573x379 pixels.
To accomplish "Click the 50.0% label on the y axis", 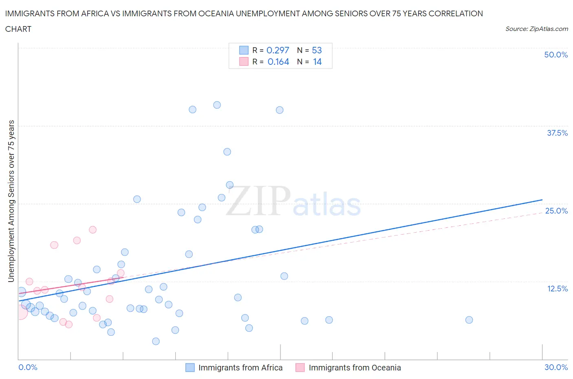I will pyautogui.click(x=556, y=55).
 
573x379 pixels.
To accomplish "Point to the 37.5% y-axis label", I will pyautogui.click(x=557, y=133).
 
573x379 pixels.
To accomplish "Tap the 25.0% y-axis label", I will pyautogui.click(x=556, y=211).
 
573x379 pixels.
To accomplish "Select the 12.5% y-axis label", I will pyautogui.click(x=557, y=289).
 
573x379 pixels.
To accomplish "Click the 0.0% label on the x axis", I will pyautogui.click(x=28, y=367).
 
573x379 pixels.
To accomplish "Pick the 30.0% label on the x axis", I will pyautogui.click(x=556, y=367).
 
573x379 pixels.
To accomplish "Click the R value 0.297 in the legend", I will pyautogui.click(x=278, y=50).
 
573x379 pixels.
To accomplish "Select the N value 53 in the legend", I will pyautogui.click(x=317, y=50).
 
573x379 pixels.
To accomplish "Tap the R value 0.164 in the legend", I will pyautogui.click(x=278, y=62).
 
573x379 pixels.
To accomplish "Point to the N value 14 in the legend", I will pyautogui.click(x=317, y=62).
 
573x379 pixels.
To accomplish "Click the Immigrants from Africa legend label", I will pyautogui.click(x=240, y=368).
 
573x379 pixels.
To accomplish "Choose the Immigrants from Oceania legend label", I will pyautogui.click(x=355, y=368).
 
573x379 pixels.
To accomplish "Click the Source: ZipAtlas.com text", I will pyautogui.click(x=536, y=29).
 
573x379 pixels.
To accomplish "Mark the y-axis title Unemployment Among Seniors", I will pyautogui.click(x=11, y=201).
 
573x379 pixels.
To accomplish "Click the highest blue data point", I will pyautogui.click(x=217, y=105).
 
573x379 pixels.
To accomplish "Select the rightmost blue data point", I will pyautogui.click(x=469, y=320).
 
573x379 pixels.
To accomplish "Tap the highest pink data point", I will pyautogui.click(x=93, y=230).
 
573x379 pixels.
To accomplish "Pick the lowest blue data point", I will pyautogui.click(x=156, y=341).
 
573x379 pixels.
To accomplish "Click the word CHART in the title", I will pyautogui.click(x=18, y=29).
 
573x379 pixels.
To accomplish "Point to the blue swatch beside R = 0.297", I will pyautogui.click(x=244, y=50).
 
